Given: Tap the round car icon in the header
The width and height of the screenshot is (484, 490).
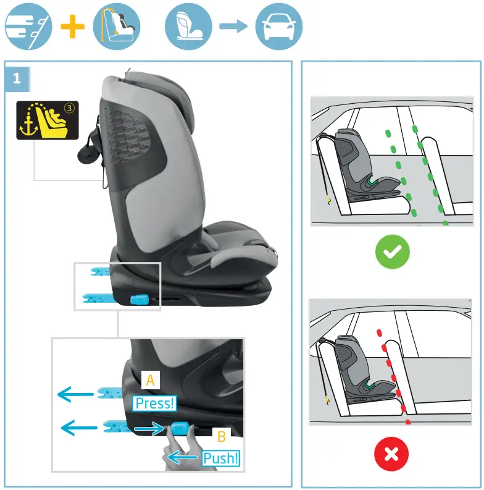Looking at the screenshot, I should (x=278, y=27).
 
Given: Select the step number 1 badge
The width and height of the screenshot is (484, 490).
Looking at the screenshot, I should (x=17, y=78).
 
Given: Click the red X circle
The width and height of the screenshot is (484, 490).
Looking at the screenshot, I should (x=391, y=454).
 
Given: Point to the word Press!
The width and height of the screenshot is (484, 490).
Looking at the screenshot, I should (x=155, y=403).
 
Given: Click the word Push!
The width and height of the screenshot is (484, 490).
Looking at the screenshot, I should (x=220, y=458).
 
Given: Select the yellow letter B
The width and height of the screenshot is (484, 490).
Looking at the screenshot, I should (x=221, y=436).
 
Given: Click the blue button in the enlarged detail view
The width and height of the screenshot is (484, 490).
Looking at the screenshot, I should (x=180, y=429).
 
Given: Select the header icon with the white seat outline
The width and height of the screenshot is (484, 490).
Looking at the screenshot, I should (x=188, y=27).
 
